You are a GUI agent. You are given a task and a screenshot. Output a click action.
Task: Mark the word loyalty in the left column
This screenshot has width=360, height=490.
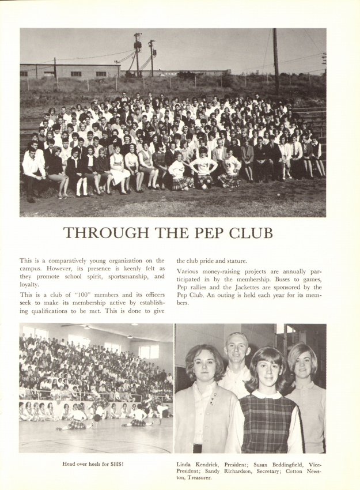[x=29, y=284]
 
